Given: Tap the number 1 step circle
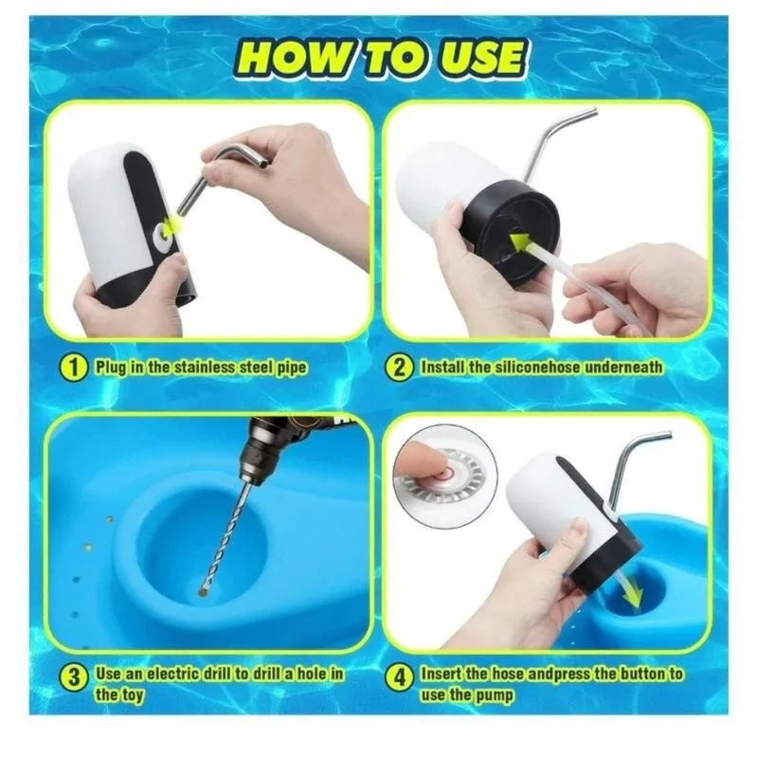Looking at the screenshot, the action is tap(74, 368).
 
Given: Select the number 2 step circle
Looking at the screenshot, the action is tap(399, 368).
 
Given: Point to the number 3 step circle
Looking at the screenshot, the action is tap(74, 677).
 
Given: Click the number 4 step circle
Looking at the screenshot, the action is tap(399, 677).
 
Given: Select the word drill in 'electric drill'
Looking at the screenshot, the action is tap(216, 674).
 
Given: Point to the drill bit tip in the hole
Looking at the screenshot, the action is tap(203, 590).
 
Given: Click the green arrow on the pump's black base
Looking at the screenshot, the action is tap(521, 242).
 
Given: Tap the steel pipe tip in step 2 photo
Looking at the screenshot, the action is tap(593, 114).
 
